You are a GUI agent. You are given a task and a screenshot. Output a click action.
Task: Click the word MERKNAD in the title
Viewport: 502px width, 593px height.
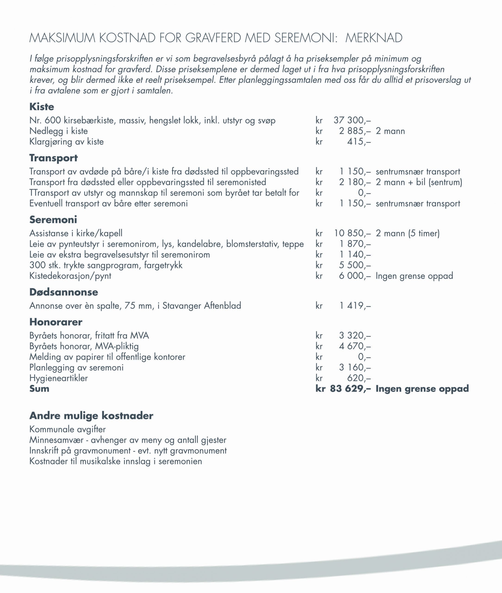click(x=374, y=38)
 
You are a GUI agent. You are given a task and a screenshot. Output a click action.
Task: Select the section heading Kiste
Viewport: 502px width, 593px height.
click(x=42, y=107)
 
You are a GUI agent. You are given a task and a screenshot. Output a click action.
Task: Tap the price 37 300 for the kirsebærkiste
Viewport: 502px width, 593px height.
click(x=352, y=120)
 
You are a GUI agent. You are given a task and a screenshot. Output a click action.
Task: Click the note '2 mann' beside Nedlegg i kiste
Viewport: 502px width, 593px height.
click(x=390, y=131)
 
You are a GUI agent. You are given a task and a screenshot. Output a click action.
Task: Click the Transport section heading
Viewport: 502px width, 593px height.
click(x=53, y=158)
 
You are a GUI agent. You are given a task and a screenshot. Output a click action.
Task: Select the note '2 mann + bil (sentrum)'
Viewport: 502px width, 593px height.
click(x=419, y=182)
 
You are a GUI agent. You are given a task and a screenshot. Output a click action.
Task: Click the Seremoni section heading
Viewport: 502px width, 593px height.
click(x=53, y=220)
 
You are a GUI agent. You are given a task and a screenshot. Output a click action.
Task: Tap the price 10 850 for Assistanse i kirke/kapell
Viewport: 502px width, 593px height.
click(x=352, y=233)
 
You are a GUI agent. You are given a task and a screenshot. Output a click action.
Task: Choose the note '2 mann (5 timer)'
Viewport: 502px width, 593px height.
click(x=408, y=233)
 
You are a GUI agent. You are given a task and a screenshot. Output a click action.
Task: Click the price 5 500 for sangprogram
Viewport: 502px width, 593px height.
click(x=355, y=265)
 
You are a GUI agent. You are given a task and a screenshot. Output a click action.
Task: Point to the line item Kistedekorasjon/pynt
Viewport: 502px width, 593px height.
click(x=70, y=276)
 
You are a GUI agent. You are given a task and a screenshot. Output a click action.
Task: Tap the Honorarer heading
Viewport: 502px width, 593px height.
click(x=56, y=322)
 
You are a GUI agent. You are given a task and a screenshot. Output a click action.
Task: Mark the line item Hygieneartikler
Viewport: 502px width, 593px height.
click(x=59, y=378)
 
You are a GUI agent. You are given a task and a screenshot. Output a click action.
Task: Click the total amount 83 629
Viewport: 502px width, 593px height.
click(x=350, y=389)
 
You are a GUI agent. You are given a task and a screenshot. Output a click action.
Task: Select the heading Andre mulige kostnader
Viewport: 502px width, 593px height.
click(x=91, y=416)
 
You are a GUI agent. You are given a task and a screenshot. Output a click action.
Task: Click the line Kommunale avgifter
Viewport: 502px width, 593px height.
click(x=68, y=429)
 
